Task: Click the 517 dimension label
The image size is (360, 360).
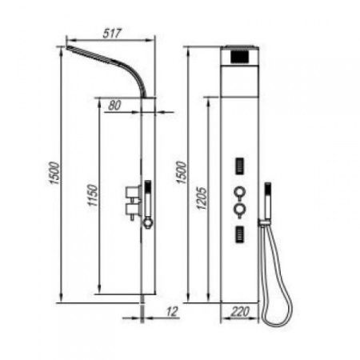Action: coord(112,34)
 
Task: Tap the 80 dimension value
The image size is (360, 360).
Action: coord(114,105)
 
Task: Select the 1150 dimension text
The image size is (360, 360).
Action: coord(94,195)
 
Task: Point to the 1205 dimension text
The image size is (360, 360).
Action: coord(202,198)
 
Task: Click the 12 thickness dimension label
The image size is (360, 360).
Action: coord(172,311)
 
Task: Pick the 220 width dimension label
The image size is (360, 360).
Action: coord(240,311)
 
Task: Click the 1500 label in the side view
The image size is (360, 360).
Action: coord(55,173)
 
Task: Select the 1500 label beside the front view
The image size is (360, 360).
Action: coord(182,173)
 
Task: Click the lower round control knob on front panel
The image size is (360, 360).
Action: coord(239,210)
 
